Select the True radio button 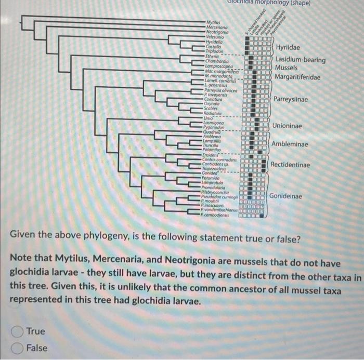click(x=17, y=331)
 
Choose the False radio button click(x=17, y=348)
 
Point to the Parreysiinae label click(x=291, y=99)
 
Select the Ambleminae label click(x=289, y=144)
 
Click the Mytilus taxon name click(x=213, y=23)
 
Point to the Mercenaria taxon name click(x=216, y=27)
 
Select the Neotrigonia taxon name click(x=217, y=32)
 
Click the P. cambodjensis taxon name click(x=217, y=215)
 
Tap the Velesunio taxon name click(x=215, y=36)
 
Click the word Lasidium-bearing click(x=301, y=60)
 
